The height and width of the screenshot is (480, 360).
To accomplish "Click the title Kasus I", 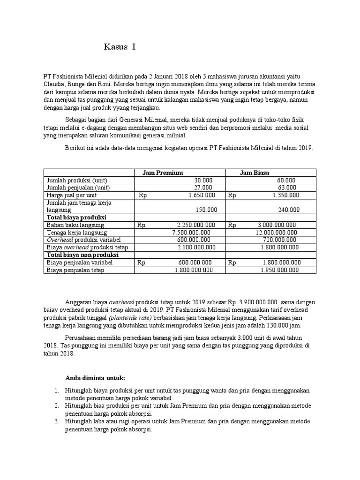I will pos(120,47).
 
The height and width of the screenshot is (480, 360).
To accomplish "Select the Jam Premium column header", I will pos(162,172).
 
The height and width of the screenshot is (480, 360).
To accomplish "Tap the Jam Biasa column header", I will pos(255,172).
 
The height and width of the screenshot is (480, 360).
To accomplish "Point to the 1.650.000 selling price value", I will pos(202,195).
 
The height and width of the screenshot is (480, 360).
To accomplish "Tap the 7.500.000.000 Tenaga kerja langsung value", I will pos(191,232).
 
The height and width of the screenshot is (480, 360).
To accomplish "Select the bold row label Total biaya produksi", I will pos(76,217).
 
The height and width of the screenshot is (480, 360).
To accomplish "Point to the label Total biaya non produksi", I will pos(82,255).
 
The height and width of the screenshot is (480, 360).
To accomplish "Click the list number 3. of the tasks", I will pos(56,421).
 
